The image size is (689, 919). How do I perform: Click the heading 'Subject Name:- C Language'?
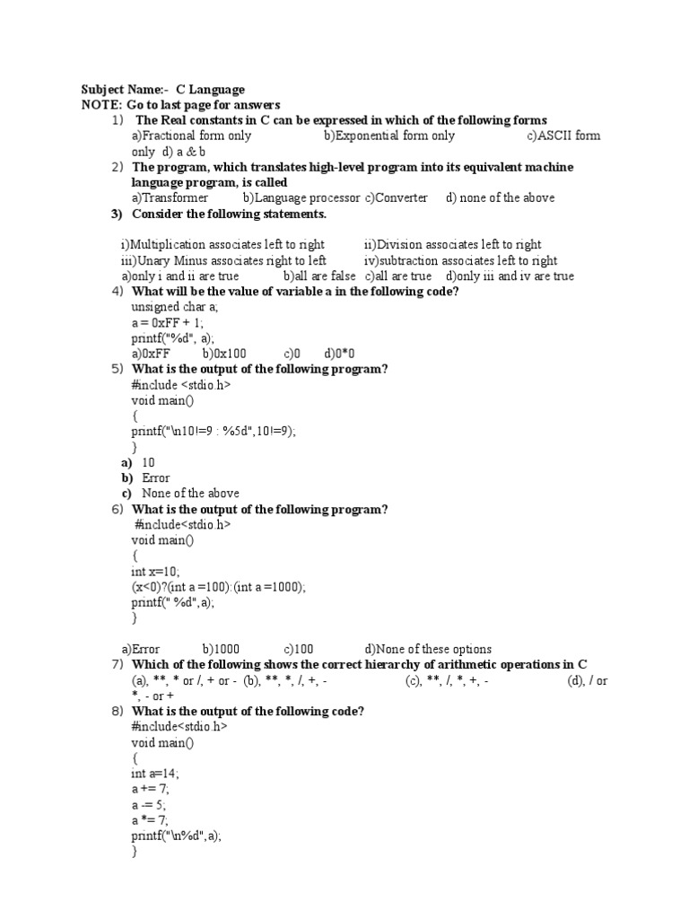click(162, 90)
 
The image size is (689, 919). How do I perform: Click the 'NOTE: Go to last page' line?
click(180, 105)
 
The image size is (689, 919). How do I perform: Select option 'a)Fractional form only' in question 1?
click(191, 136)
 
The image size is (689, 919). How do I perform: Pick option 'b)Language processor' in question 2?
click(301, 197)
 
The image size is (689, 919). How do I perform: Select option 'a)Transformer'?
click(170, 197)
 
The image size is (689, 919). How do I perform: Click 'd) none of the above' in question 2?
click(500, 197)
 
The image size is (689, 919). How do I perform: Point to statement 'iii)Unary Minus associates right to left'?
click(223, 260)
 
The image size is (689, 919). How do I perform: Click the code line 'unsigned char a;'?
click(175, 307)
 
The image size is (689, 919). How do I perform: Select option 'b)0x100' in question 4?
click(224, 354)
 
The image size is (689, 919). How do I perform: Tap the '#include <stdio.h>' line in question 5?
click(181, 385)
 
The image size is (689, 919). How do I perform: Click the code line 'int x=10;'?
click(156, 571)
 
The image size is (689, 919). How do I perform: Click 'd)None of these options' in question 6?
click(428, 649)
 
